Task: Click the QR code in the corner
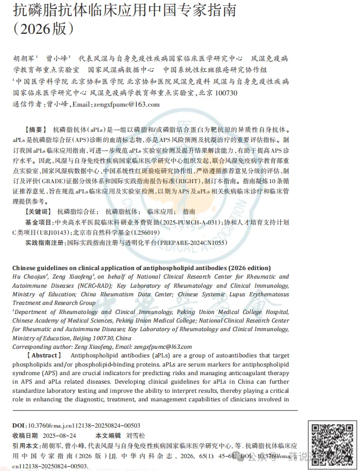[332, 444]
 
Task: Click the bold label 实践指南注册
[45, 243]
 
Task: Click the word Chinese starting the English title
[26, 267]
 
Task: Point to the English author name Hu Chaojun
[30, 276]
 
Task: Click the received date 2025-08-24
[60, 435]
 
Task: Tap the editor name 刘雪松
[138, 435]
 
